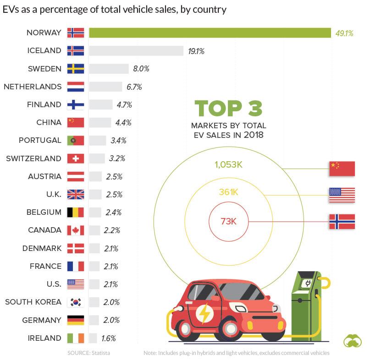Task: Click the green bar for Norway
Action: click(x=210, y=33)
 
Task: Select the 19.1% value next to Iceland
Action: click(x=196, y=51)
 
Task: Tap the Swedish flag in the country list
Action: click(x=76, y=69)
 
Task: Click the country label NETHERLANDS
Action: click(x=32, y=87)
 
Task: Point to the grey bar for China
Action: click(x=100, y=122)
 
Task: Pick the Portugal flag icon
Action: click(x=76, y=140)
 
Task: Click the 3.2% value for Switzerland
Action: click(x=117, y=158)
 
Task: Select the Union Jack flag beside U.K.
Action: click(x=76, y=194)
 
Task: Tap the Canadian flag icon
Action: click(x=76, y=230)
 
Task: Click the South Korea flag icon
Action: click(x=76, y=302)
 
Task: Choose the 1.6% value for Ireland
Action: click(x=108, y=338)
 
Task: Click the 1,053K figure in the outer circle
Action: click(x=228, y=164)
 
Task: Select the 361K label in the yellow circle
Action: click(x=228, y=192)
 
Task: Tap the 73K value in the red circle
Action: click(x=228, y=222)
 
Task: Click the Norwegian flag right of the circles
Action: click(x=342, y=222)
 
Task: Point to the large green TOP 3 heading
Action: click(x=228, y=109)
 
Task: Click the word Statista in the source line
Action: click(x=100, y=353)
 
